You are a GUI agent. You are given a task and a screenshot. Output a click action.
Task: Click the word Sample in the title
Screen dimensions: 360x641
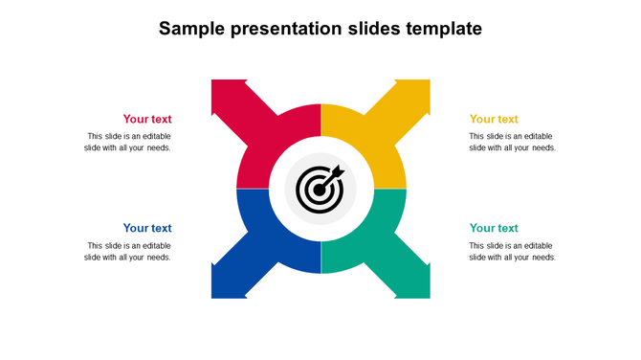(x=191, y=29)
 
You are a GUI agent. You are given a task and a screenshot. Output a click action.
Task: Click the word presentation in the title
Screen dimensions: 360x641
(x=283, y=30)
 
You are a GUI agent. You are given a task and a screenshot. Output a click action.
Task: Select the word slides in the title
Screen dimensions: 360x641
(x=369, y=29)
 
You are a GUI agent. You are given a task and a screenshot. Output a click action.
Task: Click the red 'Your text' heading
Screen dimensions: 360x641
(x=147, y=120)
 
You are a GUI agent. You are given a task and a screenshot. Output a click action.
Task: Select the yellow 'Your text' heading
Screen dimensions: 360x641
(x=494, y=120)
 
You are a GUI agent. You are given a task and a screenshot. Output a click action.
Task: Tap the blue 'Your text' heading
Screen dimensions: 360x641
(x=147, y=229)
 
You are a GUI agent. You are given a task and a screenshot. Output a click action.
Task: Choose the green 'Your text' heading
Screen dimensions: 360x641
(x=494, y=229)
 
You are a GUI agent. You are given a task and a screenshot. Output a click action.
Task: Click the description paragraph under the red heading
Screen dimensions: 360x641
(x=128, y=142)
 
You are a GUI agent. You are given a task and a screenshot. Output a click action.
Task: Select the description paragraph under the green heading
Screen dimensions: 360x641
(x=512, y=252)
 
